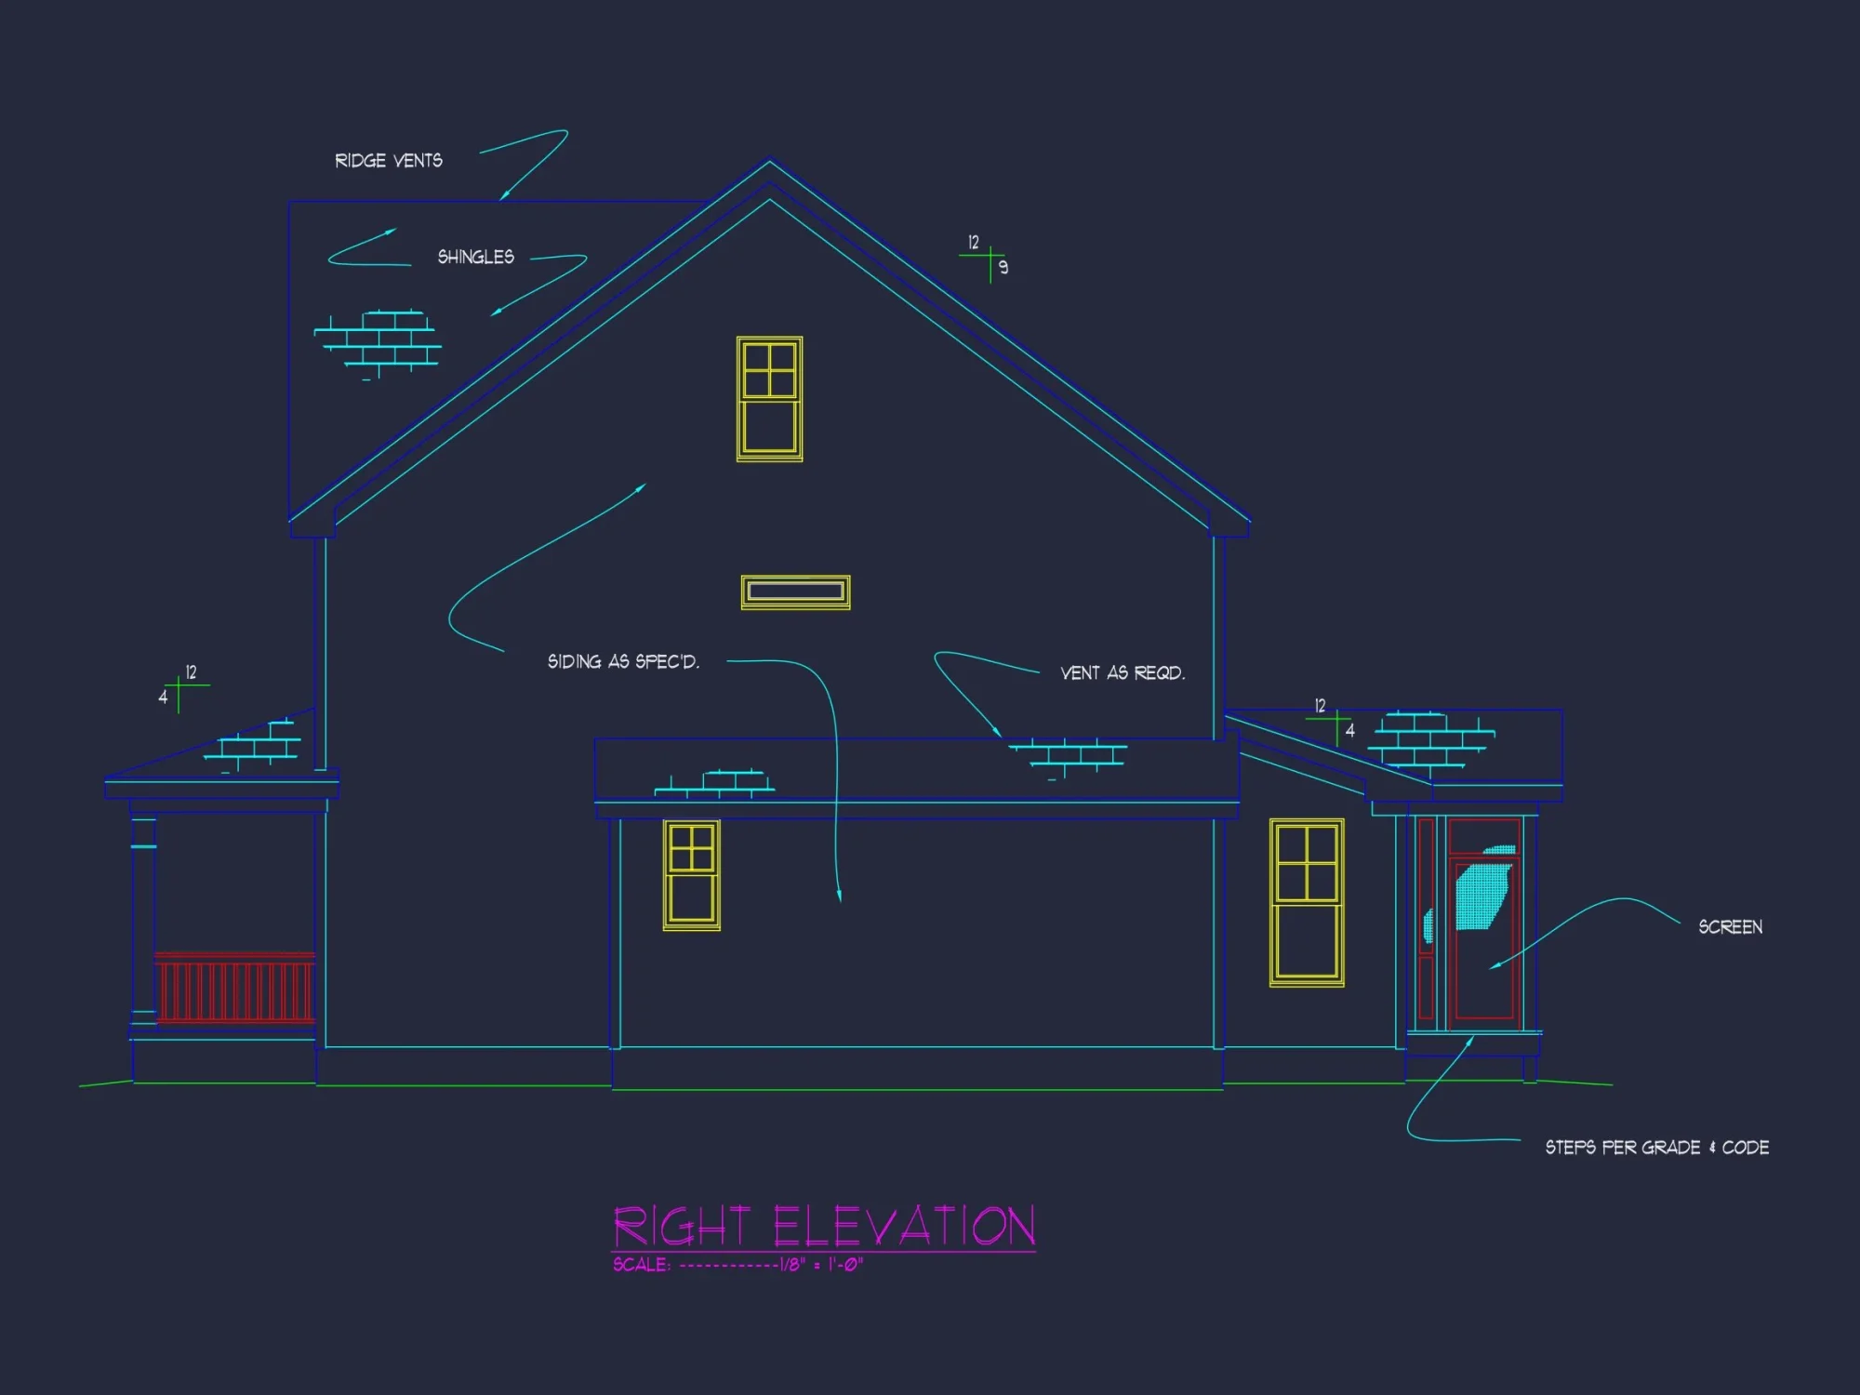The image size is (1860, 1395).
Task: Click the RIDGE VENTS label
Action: [x=389, y=161]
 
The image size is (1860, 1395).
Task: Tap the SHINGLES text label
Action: [x=475, y=257]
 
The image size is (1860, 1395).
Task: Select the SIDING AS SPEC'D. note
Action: [x=623, y=661]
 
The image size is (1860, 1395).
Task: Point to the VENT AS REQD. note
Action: [x=1123, y=672]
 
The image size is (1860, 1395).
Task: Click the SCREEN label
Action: [x=1730, y=927]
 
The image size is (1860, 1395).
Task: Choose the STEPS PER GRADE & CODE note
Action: [x=1656, y=1148]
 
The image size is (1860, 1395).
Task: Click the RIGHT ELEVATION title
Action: [x=824, y=1226]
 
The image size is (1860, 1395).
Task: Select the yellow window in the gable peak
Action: [x=769, y=399]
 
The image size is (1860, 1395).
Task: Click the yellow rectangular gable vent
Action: [x=795, y=591]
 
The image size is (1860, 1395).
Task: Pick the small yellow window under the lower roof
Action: [x=691, y=874]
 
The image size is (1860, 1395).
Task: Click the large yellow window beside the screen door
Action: [x=1307, y=902]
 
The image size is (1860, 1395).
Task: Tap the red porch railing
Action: [x=234, y=989]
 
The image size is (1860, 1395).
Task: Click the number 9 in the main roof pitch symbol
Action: [x=1003, y=268]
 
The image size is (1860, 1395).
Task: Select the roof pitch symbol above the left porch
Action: [x=179, y=688]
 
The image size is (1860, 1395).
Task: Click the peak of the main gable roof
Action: [x=769, y=162]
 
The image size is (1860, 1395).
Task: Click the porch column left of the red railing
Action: [x=143, y=921]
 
